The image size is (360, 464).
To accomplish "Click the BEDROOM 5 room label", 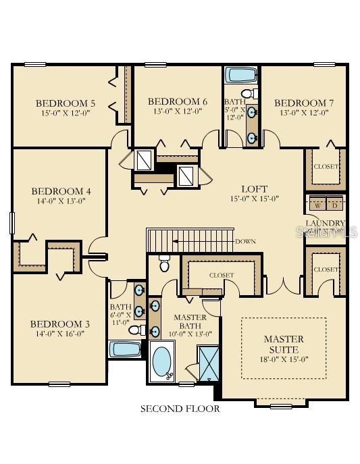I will tap(65, 103).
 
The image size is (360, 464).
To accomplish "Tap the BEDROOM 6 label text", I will tap(177, 101).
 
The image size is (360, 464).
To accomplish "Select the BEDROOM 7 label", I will tap(304, 103).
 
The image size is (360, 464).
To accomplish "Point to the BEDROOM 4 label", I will tap(61, 191).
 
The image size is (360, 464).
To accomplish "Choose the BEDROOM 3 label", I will tap(59, 324).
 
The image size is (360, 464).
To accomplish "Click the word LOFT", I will tap(255, 188).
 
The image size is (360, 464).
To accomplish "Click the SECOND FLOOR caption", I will tap(180, 409).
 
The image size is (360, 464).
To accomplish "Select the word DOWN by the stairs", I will tap(245, 241).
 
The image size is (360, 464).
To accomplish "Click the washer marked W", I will tap(317, 205).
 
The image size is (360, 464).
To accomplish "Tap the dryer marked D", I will tap(334, 205).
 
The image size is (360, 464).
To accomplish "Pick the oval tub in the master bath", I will tap(163, 362).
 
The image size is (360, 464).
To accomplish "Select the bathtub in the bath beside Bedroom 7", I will tap(238, 74).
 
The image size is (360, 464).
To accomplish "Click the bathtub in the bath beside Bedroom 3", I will tap(124, 349).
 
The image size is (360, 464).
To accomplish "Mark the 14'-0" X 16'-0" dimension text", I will tap(59, 334).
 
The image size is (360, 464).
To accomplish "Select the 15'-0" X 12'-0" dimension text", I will tap(65, 113).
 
